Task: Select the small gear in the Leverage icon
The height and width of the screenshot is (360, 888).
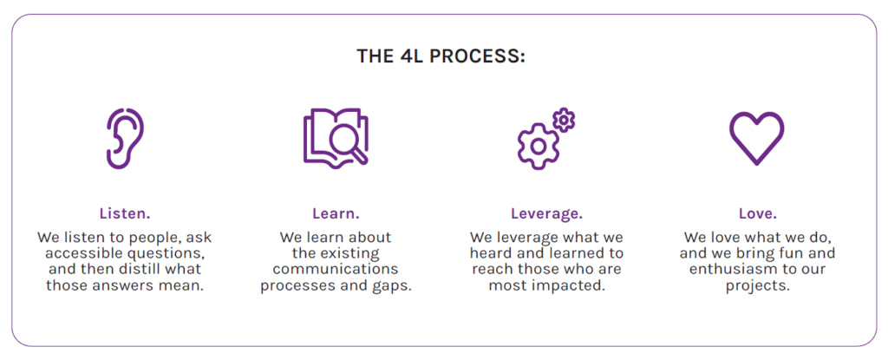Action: (564, 121)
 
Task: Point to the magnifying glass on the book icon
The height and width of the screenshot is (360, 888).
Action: (349, 145)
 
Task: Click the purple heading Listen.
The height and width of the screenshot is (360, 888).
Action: (125, 213)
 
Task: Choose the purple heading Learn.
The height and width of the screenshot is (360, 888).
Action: (336, 213)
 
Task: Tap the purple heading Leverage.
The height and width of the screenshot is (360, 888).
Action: (546, 214)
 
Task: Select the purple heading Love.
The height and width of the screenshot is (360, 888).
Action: (758, 213)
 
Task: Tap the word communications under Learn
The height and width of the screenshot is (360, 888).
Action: (336, 269)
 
